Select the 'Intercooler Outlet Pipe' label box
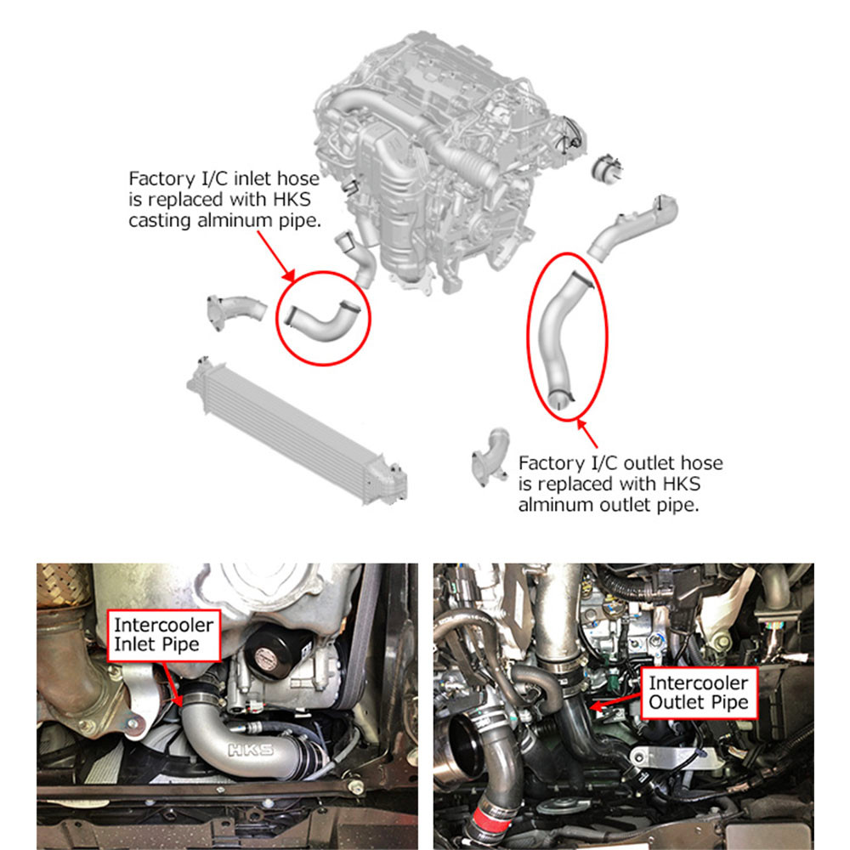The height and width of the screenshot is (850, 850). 698,692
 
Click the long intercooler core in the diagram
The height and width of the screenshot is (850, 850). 294,428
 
